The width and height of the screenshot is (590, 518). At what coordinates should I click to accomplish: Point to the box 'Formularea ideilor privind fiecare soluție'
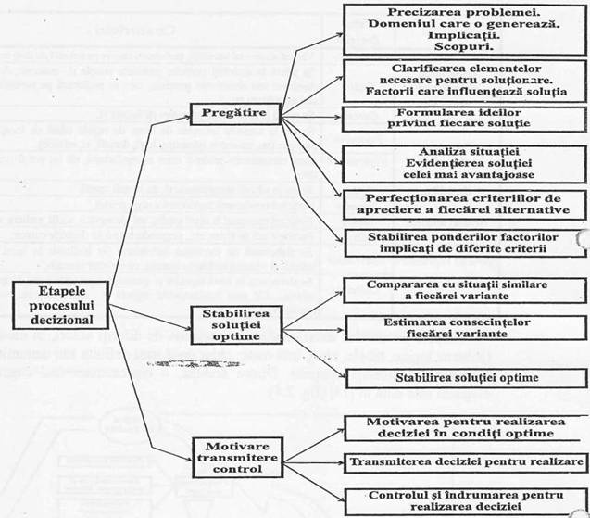point(464,119)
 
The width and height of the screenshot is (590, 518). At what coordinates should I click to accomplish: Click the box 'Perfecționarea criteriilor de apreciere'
point(464,203)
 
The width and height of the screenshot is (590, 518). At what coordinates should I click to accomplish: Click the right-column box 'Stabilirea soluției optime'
point(464,377)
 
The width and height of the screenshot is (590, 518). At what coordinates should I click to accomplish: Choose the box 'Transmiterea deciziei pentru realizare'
point(464,461)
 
